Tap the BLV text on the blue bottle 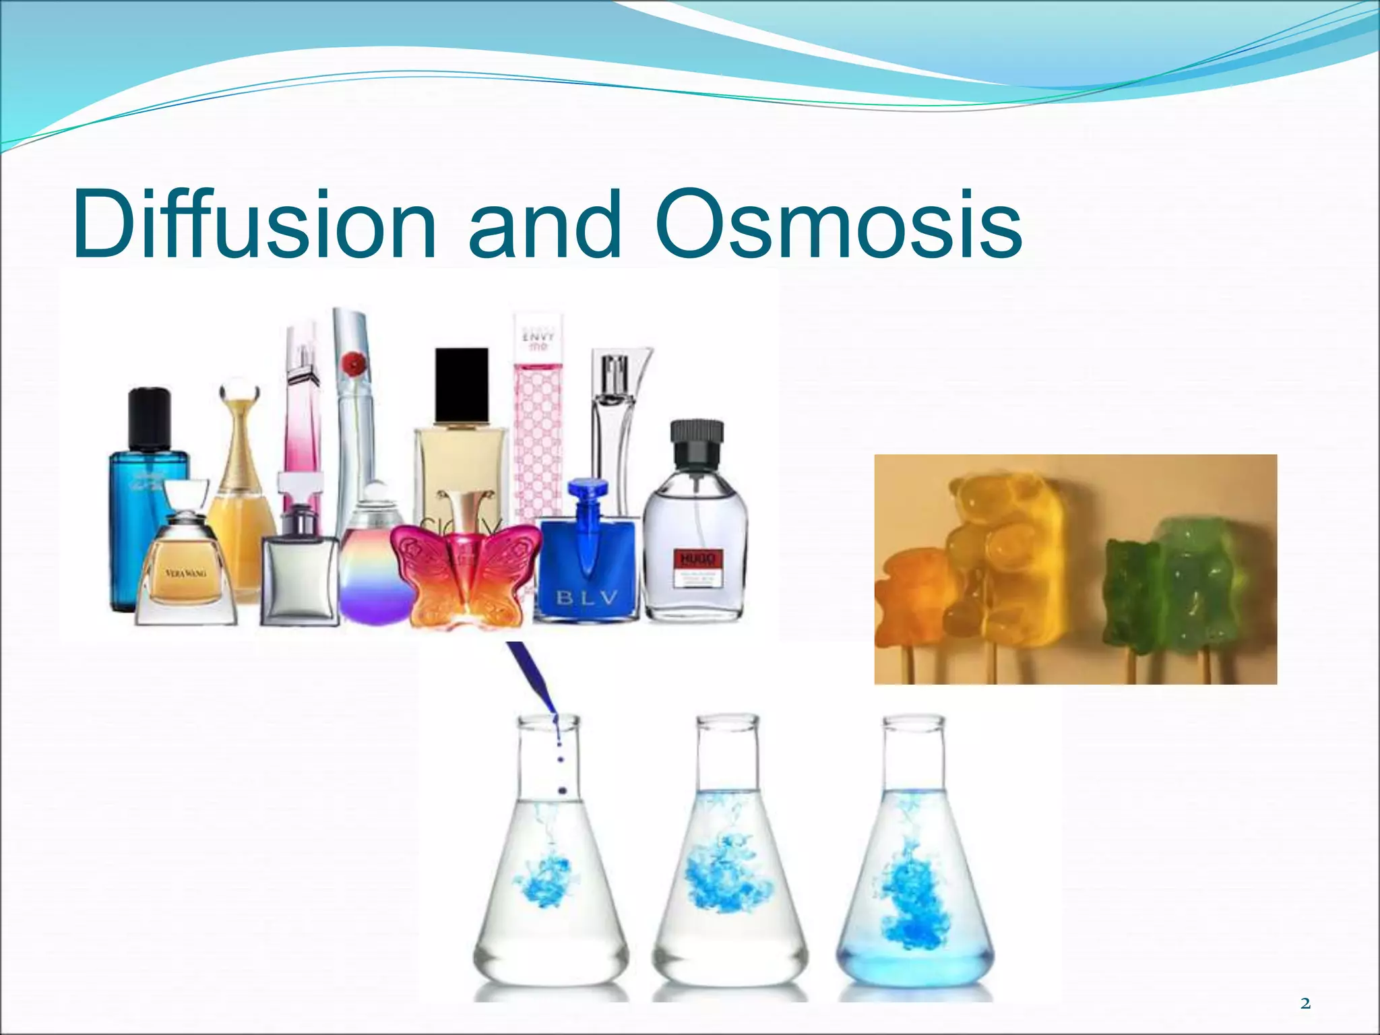pyautogui.click(x=586, y=598)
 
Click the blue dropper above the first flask pyautogui.click(x=532, y=677)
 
